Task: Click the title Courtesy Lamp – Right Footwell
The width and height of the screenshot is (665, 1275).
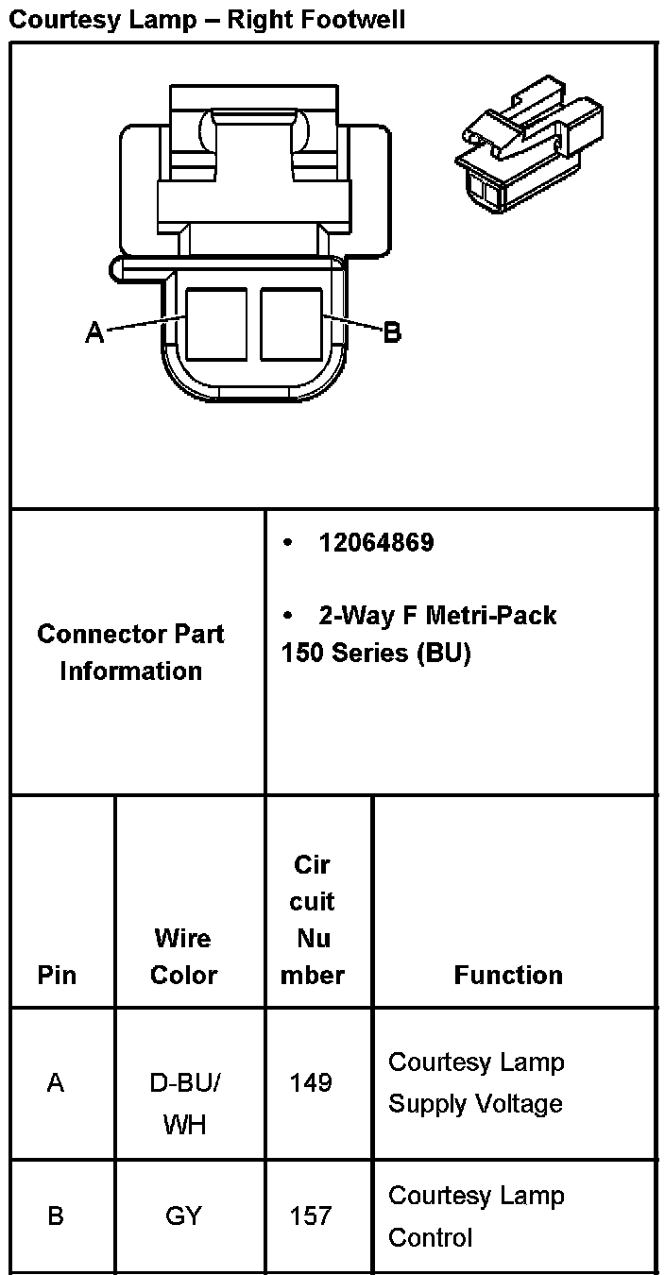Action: [207, 19]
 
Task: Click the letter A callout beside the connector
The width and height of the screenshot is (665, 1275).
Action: [94, 331]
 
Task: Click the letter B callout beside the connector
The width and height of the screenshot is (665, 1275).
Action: [391, 331]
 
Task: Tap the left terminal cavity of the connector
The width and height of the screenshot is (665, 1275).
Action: [216, 324]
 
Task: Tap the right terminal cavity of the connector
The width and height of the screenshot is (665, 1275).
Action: [292, 324]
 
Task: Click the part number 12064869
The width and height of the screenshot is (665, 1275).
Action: [376, 542]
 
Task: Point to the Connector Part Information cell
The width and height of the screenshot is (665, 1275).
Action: [131, 652]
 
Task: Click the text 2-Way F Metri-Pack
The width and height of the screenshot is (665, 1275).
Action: [437, 616]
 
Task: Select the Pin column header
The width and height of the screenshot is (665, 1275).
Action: [57, 975]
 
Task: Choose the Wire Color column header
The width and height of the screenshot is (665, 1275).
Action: [184, 956]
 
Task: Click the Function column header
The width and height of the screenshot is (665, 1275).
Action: [508, 975]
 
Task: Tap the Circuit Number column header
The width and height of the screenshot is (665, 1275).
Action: [313, 919]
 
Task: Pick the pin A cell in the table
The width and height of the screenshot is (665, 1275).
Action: [56, 1082]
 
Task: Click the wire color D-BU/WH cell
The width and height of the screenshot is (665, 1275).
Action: [184, 1103]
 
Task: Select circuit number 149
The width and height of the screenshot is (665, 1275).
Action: [312, 1082]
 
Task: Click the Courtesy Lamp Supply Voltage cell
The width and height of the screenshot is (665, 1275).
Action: [476, 1082]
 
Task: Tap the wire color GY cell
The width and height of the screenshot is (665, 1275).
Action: [183, 1215]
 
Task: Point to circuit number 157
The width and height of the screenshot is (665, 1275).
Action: [312, 1215]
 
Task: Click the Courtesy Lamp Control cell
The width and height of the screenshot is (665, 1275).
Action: [476, 1215]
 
